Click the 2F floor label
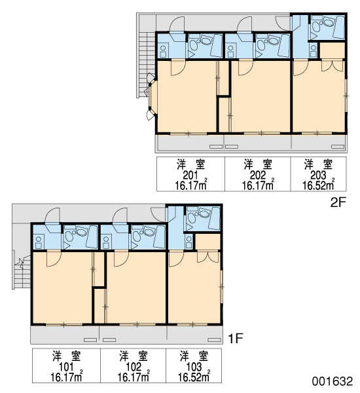pos(338,202)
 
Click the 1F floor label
pos(236,339)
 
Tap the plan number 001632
pos(333,381)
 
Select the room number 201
pos(190,175)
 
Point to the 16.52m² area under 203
pos(318,185)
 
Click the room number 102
pos(134,367)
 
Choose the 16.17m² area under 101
pos(66,377)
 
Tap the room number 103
pos(194,367)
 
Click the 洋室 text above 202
pos(258,164)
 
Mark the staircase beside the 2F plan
pos(146,65)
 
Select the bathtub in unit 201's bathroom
pos(216,46)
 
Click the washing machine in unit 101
pos(39,242)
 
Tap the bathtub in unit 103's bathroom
pos(214,219)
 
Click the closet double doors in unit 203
pos(333,65)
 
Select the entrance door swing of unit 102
pos(120,215)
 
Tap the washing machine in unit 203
pos(313,50)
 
